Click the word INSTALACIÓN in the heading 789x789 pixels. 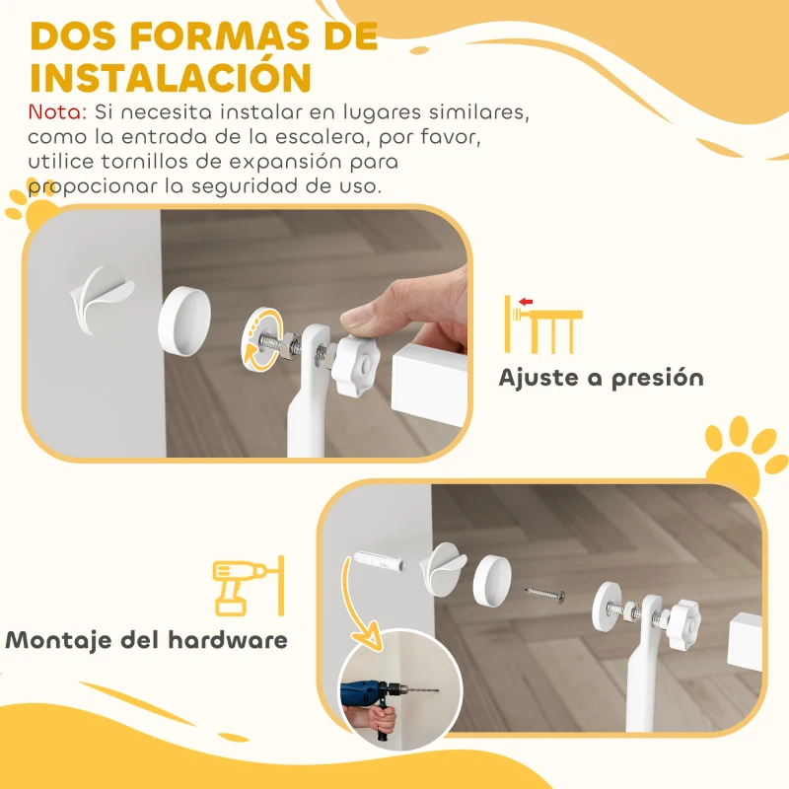click(x=171, y=77)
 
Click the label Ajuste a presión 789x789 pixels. click(x=601, y=378)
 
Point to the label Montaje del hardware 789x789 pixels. click(x=147, y=639)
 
